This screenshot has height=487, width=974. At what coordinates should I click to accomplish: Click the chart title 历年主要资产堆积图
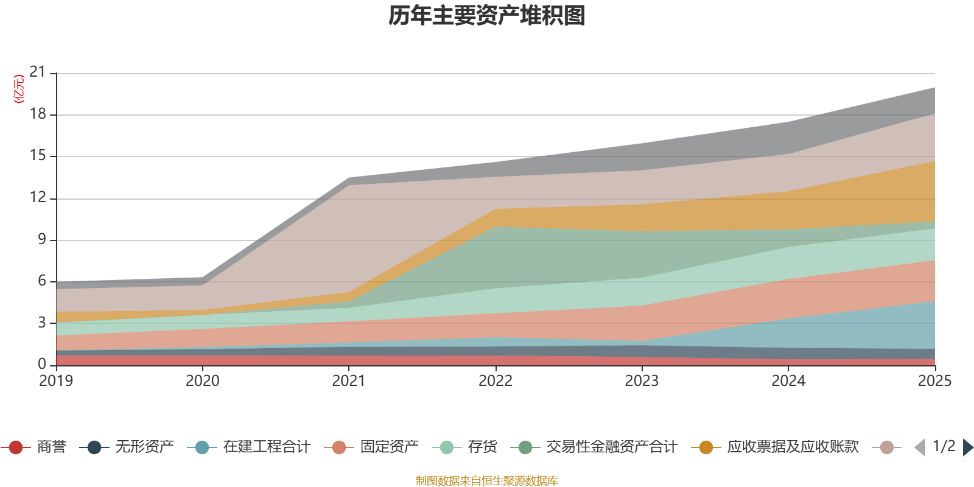coord(487,16)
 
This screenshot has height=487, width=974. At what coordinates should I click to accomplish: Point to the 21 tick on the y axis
coord(38,72)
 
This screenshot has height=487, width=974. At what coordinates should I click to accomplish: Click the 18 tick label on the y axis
coord(38,114)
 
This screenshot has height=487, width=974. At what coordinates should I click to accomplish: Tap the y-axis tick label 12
coord(38,197)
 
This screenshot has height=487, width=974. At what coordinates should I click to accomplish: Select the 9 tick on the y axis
coord(41,239)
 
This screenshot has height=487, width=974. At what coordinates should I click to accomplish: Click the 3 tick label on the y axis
coord(41,323)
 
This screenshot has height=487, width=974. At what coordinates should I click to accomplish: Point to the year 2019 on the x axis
coord(56,381)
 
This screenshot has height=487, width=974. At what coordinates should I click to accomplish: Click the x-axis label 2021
coord(349,381)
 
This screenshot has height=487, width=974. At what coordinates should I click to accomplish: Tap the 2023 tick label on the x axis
coord(642,381)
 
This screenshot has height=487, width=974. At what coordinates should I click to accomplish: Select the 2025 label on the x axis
coord(934,381)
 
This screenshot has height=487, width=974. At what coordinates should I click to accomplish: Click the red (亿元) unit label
coord(19,89)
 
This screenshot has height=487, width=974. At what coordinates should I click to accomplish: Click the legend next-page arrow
coord(968,447)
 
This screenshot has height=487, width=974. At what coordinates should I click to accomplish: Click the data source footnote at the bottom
coord(487,481)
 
